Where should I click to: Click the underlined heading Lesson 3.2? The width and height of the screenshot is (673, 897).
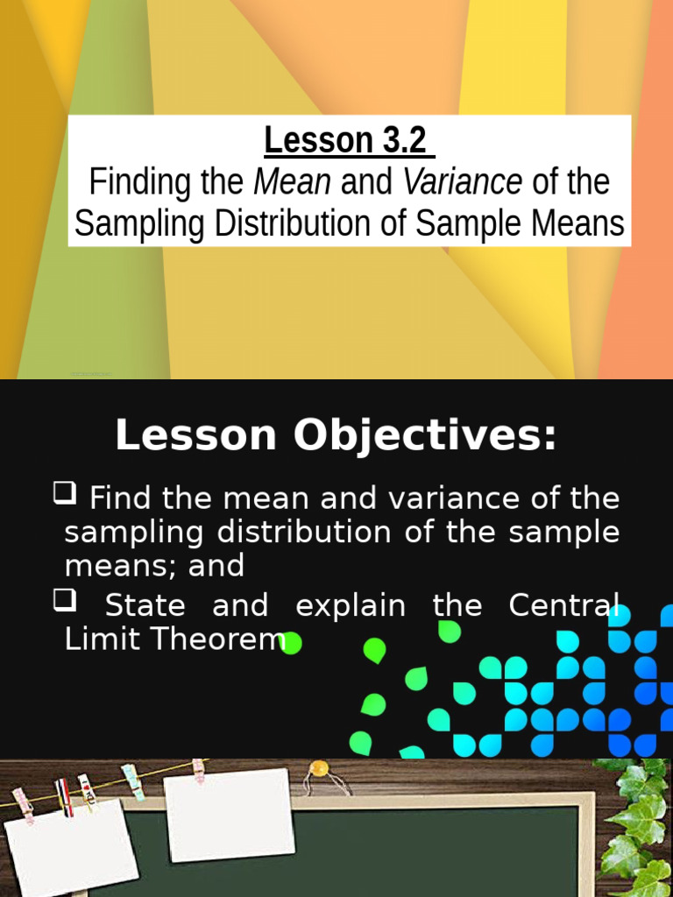[x=344, y=140]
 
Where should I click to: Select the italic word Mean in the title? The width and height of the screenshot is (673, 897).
[x=292, y=183]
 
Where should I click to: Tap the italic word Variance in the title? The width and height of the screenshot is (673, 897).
[x=463, y=183]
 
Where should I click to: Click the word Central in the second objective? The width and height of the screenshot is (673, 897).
[x=571, y=606]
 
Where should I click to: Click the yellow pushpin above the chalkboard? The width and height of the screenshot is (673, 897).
[x=320, y=768]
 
